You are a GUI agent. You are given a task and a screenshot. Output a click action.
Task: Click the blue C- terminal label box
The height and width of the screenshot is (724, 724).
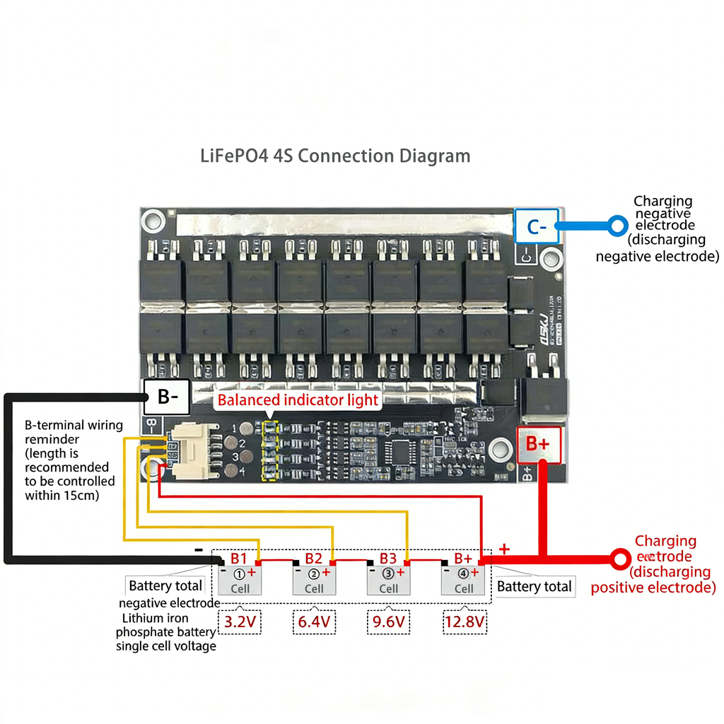537,226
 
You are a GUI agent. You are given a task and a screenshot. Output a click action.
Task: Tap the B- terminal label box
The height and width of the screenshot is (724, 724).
167,397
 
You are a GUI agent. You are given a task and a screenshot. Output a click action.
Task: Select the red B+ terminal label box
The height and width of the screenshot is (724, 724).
540,445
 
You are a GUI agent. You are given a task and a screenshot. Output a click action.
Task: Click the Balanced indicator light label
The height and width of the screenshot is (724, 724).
298,400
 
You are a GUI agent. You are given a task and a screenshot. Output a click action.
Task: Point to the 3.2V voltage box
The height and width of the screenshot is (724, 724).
239,622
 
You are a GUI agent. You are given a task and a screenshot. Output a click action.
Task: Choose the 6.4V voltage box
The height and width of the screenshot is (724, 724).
314,622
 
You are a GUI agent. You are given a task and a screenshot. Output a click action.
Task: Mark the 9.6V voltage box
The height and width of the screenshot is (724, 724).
389,622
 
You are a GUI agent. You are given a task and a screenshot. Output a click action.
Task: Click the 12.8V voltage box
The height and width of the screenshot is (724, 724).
464,622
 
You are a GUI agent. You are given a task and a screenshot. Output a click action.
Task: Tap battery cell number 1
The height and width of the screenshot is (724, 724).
240,580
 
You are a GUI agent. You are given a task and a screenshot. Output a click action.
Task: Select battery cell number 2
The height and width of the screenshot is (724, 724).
314,580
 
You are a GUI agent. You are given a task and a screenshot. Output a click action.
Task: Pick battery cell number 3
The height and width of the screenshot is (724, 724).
388,580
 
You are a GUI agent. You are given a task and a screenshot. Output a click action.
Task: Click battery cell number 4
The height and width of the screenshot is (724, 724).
463,580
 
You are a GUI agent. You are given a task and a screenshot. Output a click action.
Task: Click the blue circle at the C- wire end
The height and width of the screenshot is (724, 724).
619,226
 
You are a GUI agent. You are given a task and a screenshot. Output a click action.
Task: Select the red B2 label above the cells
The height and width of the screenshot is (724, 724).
313,559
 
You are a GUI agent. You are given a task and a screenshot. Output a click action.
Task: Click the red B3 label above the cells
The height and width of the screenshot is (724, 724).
388,559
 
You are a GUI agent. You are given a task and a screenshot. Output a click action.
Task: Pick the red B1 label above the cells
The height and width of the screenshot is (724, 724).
239,559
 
